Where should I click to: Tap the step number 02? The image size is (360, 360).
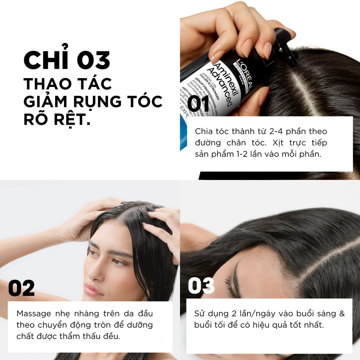click(21, 289)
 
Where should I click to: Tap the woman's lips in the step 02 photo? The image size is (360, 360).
click(92, 290)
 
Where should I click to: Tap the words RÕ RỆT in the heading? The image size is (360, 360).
click(56, 120)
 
